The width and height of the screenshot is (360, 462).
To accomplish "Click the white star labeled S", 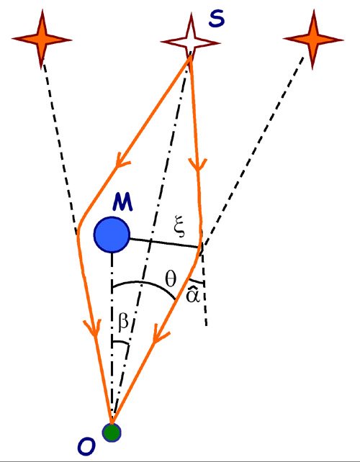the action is (x=190, y=42).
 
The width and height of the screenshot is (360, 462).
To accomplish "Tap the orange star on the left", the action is (x=42, y=39).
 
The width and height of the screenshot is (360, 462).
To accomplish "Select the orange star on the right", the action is (x=313, y=39).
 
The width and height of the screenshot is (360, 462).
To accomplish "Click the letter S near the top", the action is (x=217, y=19).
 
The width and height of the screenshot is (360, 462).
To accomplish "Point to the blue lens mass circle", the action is (x=112, y=235).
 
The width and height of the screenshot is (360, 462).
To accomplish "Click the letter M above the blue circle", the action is (x=122, y=202).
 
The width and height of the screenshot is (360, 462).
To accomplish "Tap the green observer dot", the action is (x=112, y=432).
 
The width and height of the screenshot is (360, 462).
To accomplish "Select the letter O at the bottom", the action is (x=86, y=446).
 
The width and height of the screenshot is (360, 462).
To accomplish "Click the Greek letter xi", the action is (x=179, y=226).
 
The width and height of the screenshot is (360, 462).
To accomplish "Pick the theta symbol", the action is (x=171, y=278).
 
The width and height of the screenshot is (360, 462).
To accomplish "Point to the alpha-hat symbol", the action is (x=192, y=294).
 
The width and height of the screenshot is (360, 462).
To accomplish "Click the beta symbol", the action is (x=123, y=322).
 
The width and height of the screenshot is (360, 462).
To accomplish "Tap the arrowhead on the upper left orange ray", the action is (x=122, y=160).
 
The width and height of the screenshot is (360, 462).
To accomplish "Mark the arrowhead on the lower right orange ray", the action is (x=159, y=336).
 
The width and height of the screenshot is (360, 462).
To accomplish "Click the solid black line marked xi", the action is (x=165, y=243).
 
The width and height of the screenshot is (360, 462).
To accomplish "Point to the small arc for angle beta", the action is (x=121, y=343).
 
